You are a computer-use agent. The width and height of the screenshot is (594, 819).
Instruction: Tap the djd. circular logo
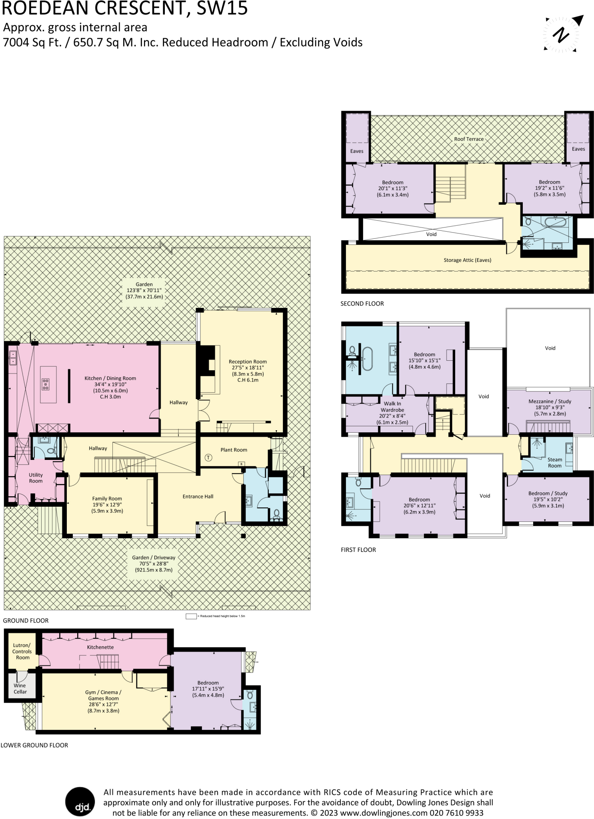[x=80, y=801]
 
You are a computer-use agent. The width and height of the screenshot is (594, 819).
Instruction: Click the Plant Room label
[x=234, y=450]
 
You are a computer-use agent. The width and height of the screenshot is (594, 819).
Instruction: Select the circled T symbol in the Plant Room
[x=208, y=457]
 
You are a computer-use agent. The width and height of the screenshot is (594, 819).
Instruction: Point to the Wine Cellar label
[x=20, y=689]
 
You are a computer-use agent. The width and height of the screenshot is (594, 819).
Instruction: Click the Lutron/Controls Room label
[x=22, y=651]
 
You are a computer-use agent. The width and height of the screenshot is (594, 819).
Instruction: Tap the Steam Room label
[x=554, y=463]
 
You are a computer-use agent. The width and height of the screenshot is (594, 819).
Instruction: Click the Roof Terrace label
[x=469, y=139]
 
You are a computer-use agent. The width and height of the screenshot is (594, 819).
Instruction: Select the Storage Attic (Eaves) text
[x=467, y=260]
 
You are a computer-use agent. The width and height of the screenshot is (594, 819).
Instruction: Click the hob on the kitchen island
[x=46, y=384]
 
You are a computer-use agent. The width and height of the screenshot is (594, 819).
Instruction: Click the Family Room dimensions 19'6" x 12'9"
[x=107, y=505]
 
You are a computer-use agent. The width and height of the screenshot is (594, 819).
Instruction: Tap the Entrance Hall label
[x=198, y=497]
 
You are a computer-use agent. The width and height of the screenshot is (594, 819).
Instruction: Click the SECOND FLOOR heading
[x=362, y=304]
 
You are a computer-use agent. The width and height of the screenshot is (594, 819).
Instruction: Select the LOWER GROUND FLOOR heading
[x=34, y=745]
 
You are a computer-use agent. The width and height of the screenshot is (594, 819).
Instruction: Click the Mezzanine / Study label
[x=550, y=402]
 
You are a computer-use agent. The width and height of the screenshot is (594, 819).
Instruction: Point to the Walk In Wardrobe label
[x=392, y=407]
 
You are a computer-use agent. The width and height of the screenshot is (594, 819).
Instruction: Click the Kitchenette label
[x=100, y=647]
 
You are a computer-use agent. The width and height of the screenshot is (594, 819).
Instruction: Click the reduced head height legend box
[x=191, y=616]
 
